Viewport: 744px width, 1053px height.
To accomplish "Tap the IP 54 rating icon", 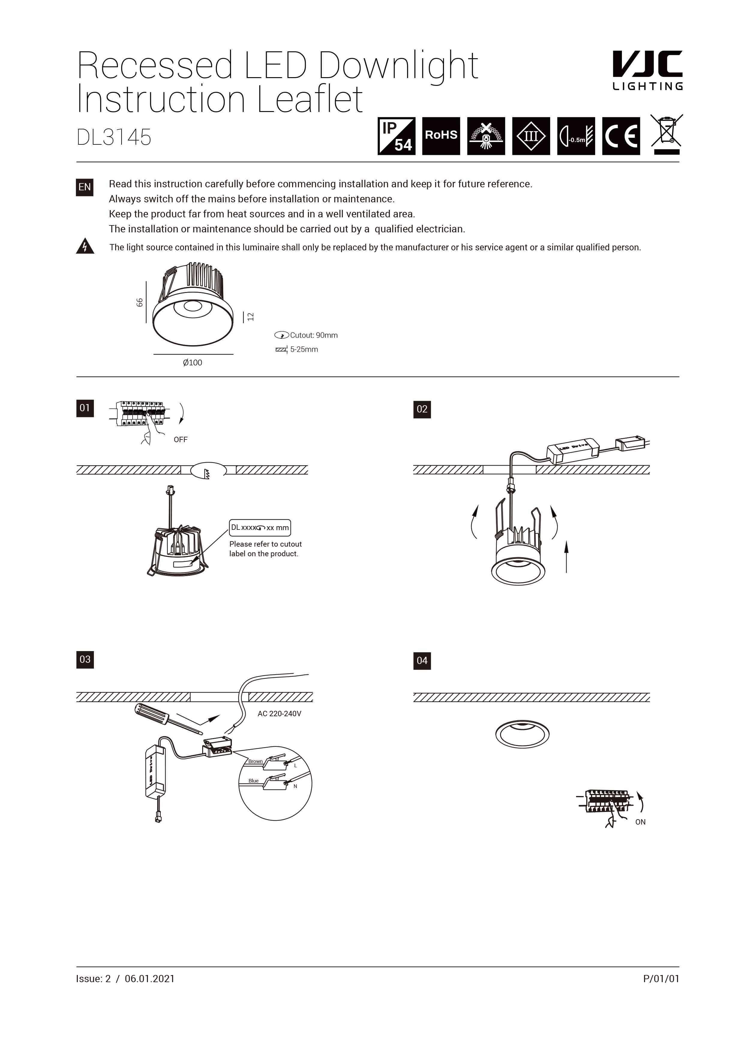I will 396,136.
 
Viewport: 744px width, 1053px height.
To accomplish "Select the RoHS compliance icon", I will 440,136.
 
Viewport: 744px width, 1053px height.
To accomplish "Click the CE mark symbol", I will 621,136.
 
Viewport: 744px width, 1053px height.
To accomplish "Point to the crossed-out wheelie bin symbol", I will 667,134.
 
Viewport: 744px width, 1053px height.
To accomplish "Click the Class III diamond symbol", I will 530,136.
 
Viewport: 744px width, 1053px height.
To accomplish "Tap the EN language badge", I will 84,187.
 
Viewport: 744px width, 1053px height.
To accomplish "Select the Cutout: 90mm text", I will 313,335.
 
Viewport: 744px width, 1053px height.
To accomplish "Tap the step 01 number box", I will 85,408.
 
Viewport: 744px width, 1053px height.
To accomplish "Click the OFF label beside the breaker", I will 181,439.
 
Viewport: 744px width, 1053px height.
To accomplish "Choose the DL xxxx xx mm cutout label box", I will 260,527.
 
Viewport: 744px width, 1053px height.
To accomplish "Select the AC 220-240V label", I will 279,714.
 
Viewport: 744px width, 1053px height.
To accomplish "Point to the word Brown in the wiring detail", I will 255,761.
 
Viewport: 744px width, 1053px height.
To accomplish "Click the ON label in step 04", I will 640,822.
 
